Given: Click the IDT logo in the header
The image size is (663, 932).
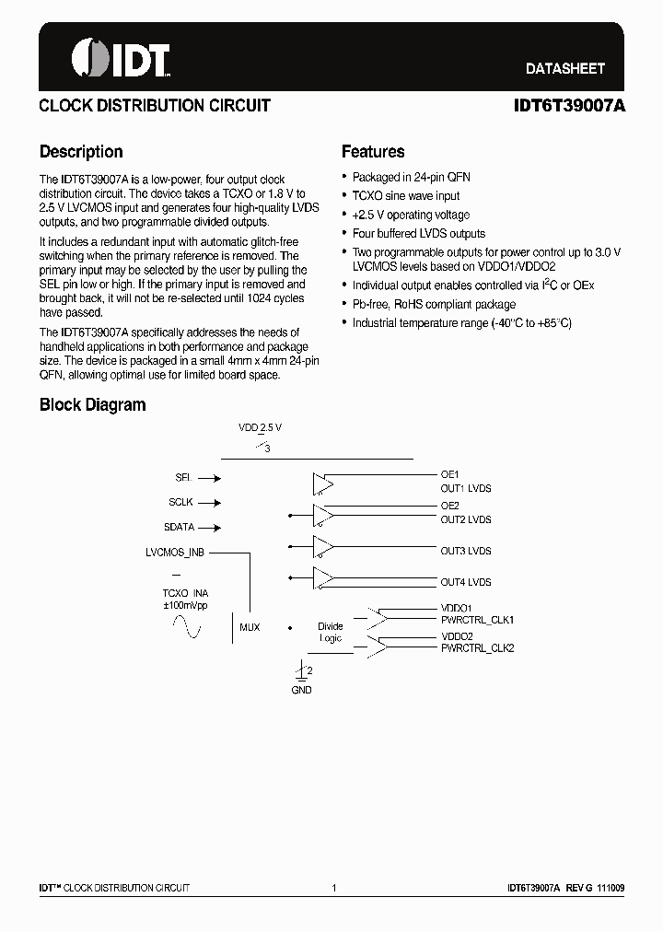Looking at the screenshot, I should [121, 58].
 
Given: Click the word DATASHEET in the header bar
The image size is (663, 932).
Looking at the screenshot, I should [564, 68].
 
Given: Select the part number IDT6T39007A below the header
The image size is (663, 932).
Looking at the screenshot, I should [569, 106].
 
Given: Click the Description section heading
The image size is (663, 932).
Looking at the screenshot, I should [81, 152].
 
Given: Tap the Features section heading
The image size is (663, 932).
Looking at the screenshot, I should [373, 152].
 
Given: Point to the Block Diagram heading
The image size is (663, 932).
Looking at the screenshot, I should [92, 405].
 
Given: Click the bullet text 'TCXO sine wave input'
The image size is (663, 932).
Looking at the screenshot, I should [406, 196].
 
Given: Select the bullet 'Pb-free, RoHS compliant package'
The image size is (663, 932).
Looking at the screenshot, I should [434, 304].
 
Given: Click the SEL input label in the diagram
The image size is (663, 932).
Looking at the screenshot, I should [182, 478].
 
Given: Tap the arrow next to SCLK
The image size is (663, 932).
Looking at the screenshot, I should [209, 503].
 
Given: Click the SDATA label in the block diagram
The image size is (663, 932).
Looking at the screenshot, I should [179, 528].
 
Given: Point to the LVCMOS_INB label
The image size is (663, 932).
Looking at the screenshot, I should [175, 553].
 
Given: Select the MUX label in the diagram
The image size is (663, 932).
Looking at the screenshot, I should [250, 627].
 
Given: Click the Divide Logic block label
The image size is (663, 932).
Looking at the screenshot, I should [330, 632].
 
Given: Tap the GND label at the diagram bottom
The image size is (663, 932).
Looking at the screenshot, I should [301, 690].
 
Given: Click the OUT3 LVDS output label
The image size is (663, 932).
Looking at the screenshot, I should [465, 551].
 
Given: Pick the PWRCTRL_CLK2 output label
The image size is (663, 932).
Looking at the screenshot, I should [477, 648].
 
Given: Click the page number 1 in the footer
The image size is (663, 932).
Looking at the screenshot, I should [333, 888].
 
